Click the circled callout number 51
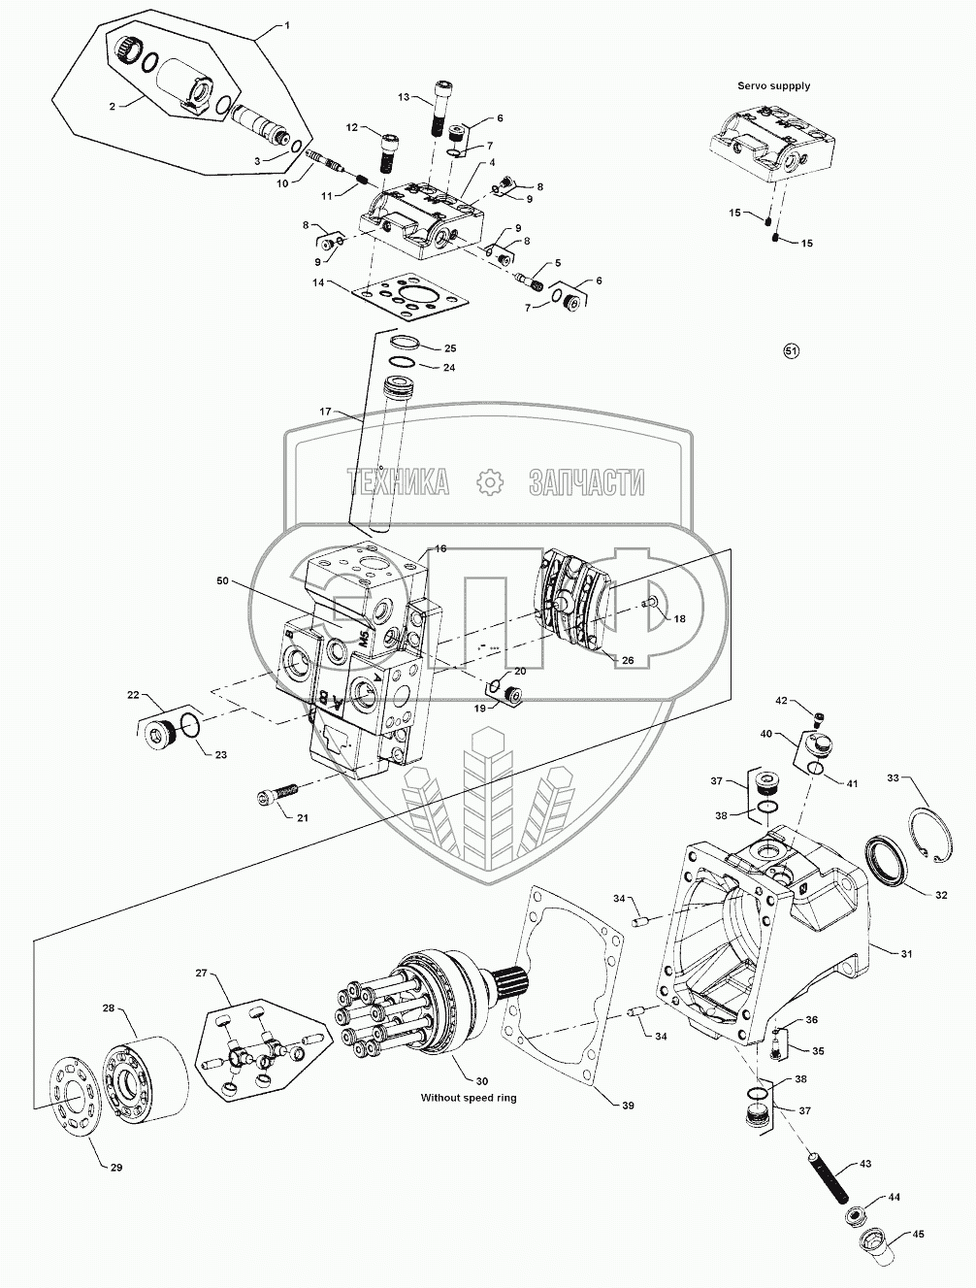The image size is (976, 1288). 791,351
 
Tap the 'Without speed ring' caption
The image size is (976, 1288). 468,1098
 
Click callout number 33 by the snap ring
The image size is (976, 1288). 894,777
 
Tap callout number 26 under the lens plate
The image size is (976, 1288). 628,660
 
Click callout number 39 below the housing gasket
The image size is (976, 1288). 628,1106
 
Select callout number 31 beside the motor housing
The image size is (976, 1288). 907,954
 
